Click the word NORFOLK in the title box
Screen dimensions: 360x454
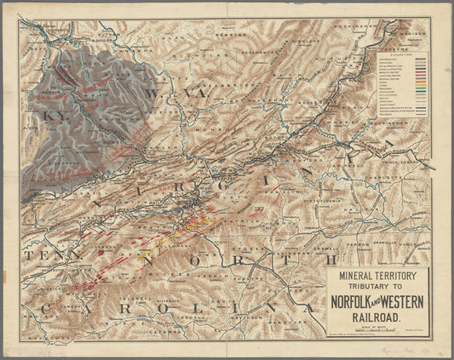click(352, 302)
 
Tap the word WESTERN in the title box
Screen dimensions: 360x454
click(402, 302)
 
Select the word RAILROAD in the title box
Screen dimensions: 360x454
click(378, 317)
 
